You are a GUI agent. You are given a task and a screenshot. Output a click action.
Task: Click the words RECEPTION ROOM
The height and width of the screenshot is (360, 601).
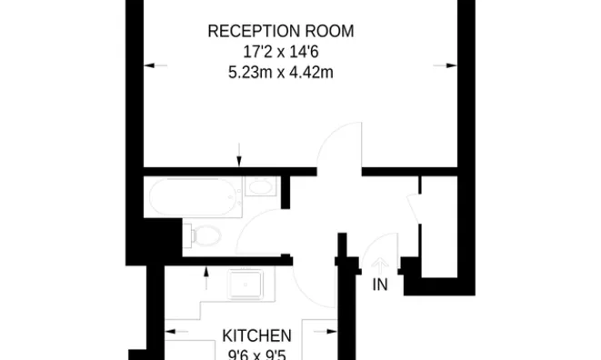click(x=280, y=31)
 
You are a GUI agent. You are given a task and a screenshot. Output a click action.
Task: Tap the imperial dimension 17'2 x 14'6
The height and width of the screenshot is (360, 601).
click(x=280, y=52)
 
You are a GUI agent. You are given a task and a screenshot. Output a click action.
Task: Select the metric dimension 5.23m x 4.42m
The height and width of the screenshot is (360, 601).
click(x=280, y=73)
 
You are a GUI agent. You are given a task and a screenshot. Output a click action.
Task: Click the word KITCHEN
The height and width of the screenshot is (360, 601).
click(x=257, y=335)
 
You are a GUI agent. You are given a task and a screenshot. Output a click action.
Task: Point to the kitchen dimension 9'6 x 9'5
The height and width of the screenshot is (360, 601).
click(x=257, y=354)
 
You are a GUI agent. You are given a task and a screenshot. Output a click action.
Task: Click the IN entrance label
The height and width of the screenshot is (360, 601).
click(x=380, y=285)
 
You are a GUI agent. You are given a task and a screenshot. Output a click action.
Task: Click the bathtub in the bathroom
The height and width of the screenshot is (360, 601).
click(x=195, y=195)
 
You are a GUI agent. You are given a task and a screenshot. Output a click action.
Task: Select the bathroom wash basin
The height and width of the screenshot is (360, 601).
click(x=261, y=188)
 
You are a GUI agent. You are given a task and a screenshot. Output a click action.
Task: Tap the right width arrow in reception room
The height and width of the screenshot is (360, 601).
click(x=445, y=65)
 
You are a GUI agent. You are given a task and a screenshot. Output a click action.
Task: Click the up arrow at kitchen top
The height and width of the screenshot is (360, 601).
click(x=207, y=271)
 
